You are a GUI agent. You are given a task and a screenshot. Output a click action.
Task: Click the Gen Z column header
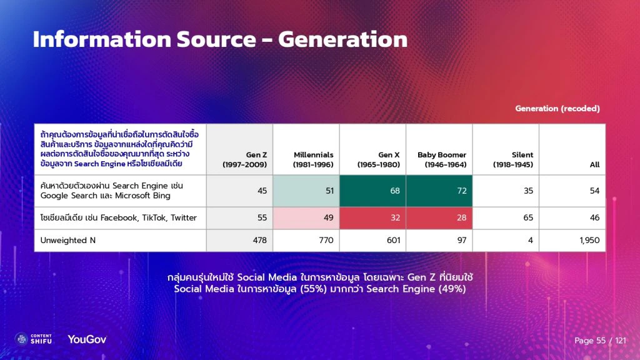(x=245, y=160)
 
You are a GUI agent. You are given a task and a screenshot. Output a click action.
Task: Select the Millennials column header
(x=314, y=160)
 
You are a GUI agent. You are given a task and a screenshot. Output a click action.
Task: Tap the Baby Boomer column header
(x=442, y=160)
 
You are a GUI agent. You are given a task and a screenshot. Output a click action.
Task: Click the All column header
(x=594, y=164)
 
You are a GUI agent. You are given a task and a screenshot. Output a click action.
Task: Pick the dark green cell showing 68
(x=372, y=191)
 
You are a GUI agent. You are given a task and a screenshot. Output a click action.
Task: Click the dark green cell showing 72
(x=439, y=191)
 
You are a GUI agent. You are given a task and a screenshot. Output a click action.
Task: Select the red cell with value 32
(x=372, y=218)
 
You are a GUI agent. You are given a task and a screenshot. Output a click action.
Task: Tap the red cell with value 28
(x=439, y=218)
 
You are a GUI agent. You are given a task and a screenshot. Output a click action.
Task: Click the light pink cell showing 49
(x=306, y=218)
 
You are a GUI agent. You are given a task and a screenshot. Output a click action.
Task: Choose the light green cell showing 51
(x=306, y=191)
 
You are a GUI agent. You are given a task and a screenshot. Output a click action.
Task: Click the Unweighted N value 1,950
(x=588, y=241)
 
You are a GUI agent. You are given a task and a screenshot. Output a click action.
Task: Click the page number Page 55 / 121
(x=600, y=341)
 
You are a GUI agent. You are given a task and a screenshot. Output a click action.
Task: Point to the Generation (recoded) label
(x=557, y=109)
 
